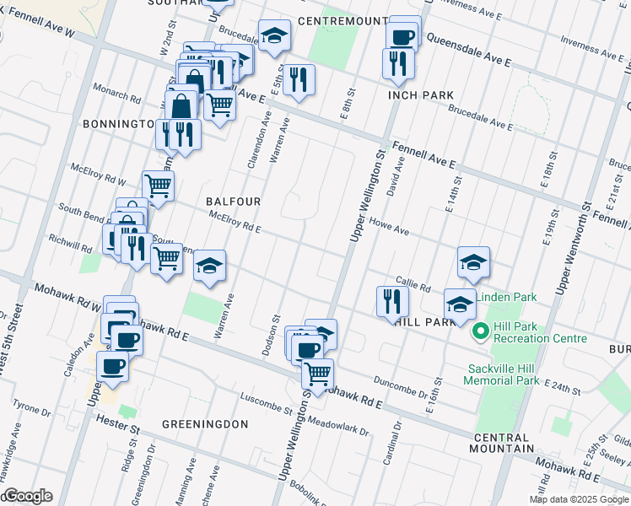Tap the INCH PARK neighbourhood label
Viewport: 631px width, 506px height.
pyautogui.click(x=421, y=94)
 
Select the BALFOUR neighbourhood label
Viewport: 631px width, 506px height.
pyautogui.click(x=234, y=202)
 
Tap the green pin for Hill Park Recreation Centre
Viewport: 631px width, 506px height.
pyautogui.click(x=481, y=331)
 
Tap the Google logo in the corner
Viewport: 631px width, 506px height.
pyautogui.click(x=27, y=496)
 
